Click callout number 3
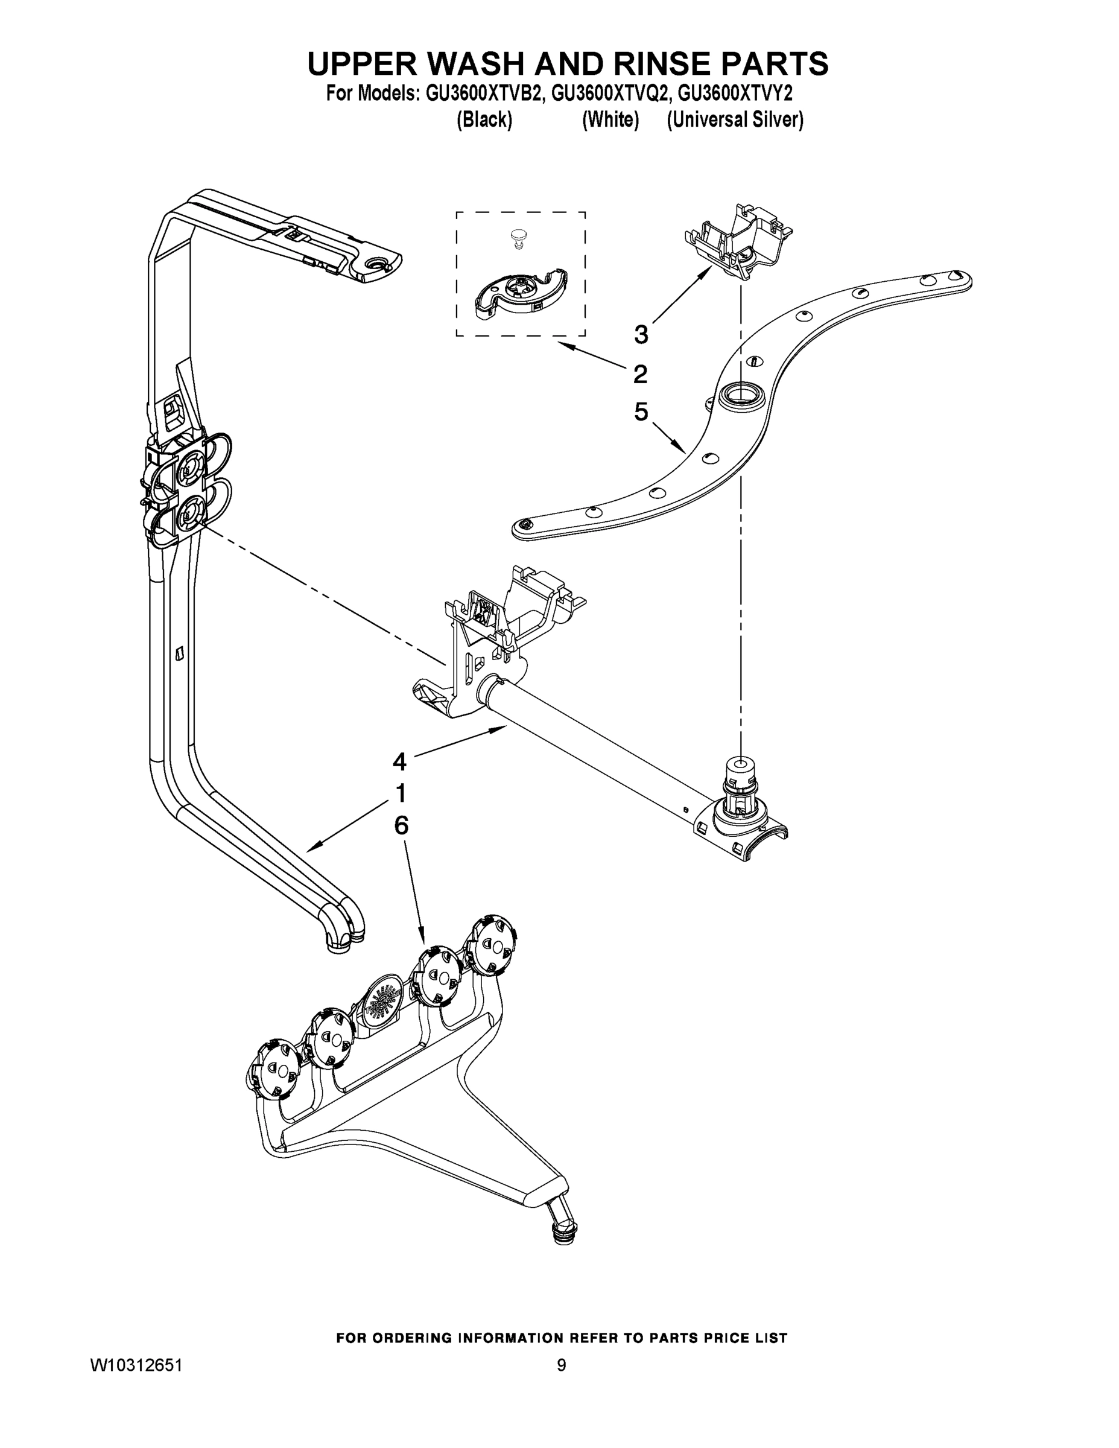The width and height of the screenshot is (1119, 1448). [x=641, y=335]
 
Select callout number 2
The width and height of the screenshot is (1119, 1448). [x=639, y=375]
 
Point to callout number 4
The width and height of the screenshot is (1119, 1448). [x=399, y=763]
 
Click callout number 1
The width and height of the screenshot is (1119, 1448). [x=401, y=793]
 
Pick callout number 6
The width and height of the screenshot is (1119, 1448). [x=401, y=825]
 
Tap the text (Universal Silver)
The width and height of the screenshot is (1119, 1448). [x=735, y=120]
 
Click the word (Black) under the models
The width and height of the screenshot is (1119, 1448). [x=484, y=120]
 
